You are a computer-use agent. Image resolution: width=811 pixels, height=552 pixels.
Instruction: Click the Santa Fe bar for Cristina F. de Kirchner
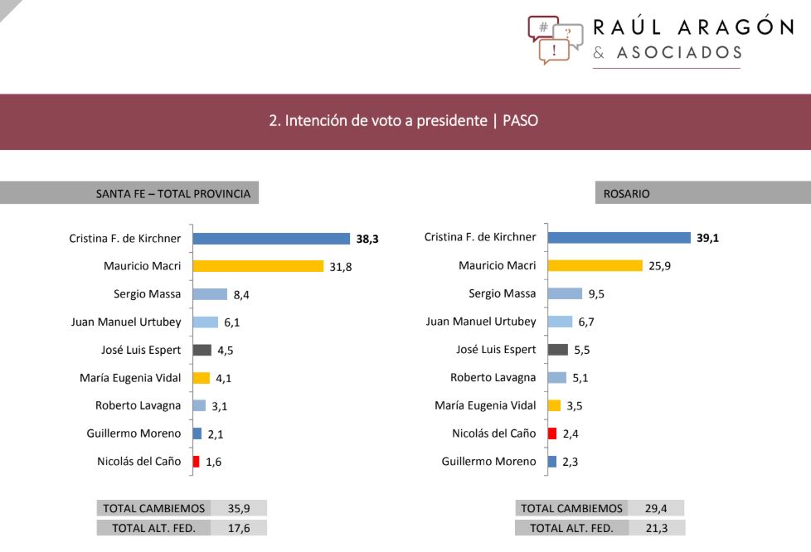click(271, 239)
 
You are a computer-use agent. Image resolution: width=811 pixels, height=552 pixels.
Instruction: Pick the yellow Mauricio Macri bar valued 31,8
click(258, 266)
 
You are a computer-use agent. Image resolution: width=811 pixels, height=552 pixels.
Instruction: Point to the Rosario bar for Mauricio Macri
click(595, 266)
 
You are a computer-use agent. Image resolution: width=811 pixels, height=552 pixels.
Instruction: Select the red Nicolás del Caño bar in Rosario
click(553, 433)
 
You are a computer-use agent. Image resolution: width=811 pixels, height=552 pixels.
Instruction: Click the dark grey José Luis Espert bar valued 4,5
click(202, 350)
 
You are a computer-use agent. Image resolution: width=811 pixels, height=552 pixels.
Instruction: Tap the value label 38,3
click(367, 239)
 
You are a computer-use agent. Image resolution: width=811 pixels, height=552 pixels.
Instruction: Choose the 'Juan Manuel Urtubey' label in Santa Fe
click(126, 322)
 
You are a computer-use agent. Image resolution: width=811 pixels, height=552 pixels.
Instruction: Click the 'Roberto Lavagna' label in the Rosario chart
click(493, 377)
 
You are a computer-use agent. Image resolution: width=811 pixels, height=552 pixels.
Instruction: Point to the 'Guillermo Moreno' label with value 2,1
click(134, 433)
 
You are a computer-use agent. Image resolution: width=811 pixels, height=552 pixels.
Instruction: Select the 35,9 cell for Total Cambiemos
click(240, 508)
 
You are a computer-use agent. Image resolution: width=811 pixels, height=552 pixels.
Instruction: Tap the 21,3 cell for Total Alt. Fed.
click(658, 528)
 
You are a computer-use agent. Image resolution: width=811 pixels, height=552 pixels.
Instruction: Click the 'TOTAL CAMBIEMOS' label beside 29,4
click(571, 508)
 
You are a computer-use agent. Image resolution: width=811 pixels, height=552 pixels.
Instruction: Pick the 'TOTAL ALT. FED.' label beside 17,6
click(153, 528)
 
